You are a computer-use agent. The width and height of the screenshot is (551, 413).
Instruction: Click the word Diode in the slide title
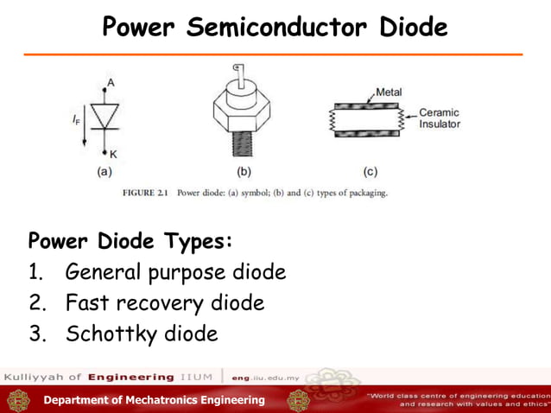[x=412, y=28]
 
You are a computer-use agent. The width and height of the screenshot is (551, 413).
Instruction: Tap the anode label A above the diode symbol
[x=109, y=83]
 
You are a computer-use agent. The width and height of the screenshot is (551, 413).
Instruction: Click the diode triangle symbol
[x=106, y=118]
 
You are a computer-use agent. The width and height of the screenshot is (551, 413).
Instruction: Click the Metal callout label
[x=388, y=92]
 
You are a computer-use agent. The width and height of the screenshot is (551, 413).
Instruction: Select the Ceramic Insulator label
[x=439, y=118]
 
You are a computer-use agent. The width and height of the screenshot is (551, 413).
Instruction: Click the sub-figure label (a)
[x=104, y=171]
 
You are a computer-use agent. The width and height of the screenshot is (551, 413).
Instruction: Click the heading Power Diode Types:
[x=130, y=239]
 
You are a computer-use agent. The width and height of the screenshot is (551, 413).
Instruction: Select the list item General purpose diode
[x=175, y=273]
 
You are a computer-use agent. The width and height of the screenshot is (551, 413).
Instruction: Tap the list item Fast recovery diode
[x=165, y=303]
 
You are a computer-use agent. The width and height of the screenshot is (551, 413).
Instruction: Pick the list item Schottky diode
[x=142, y=334]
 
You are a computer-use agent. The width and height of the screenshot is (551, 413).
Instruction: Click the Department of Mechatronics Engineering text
[x=155, y=400]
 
